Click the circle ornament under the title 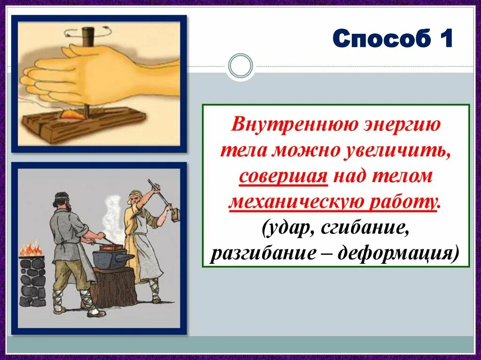pyautogui.click(x=241, y=66)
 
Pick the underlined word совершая pyautogui.click(x=283, y=177)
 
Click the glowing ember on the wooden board pyautogui.click(x=72, y=115)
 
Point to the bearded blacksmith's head pyautogui.click(x=63, y=201)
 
